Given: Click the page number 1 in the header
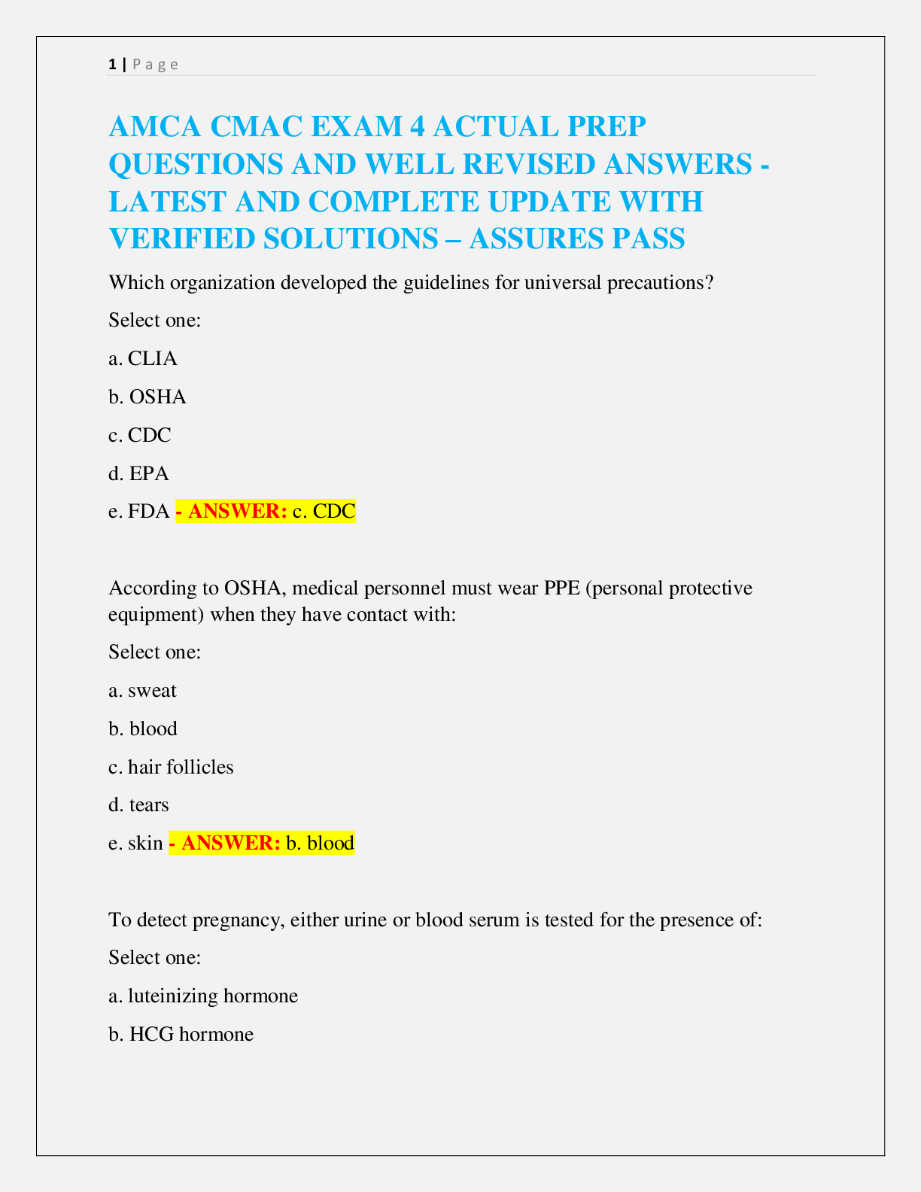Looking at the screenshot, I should click(x=112, y=65).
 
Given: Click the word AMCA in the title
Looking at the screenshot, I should click(x=155, y=126).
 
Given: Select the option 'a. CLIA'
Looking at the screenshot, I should click(x=143, y=358).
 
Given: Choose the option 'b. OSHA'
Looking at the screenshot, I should click(x=147, y=397).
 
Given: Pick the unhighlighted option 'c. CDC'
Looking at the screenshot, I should click(x=140, y=435).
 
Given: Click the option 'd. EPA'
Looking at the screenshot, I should click(x=139, y=473).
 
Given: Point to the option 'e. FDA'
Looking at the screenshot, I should click(x=139, y=512).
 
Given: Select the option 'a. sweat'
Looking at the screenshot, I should click(x=143, y=690).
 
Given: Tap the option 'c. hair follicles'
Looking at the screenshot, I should click(x=171, y=767).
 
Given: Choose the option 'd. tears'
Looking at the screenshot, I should click(x=139, y=805).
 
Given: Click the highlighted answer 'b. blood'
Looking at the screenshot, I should click(x=320, y=843).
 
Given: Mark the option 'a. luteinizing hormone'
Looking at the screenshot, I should click(x=203, y=996).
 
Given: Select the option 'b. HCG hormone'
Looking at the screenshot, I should click(x=181, y=1034).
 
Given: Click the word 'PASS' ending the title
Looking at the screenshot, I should click(x=648, y=239).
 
